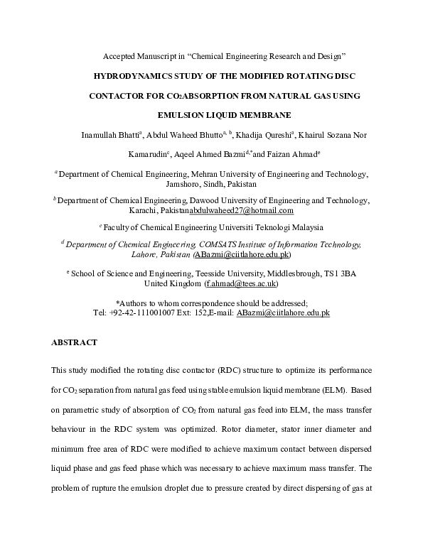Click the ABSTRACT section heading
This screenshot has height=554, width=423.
tap(74, 342)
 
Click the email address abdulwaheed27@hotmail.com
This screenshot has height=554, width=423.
tap(241, 211)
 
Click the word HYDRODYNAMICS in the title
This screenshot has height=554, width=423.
tap(134, 74)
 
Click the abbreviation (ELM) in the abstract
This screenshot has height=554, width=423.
tap(333, 390)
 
